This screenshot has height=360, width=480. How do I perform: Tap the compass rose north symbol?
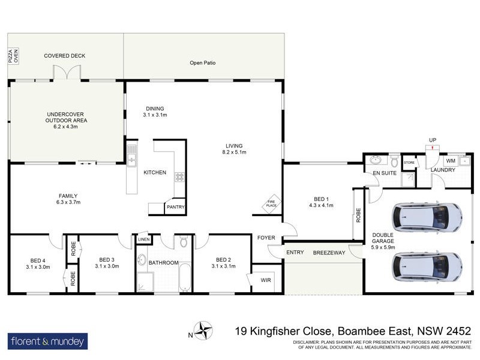point(205,331)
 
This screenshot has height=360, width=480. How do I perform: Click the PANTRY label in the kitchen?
point(176,207)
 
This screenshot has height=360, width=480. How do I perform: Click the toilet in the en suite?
point(394,161)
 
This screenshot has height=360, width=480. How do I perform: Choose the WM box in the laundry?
point(450,161)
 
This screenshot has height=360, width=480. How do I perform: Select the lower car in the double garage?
point(427,264)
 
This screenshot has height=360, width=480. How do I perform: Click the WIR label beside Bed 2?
point(265,280)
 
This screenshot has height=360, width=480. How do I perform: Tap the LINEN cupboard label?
point(143,240)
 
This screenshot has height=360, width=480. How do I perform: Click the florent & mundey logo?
point(47,342)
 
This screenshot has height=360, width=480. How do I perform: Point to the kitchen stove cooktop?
point(179,177)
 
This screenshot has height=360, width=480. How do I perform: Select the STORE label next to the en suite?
point(409,162)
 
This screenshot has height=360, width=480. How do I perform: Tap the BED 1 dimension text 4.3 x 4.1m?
point(321,205)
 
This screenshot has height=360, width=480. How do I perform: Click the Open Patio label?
point(202,62)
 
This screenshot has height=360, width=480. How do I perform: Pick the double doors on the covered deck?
point(66,73)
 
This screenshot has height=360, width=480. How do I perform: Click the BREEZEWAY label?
point(329,253)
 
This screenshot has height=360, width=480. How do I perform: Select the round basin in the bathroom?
point(142,260)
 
